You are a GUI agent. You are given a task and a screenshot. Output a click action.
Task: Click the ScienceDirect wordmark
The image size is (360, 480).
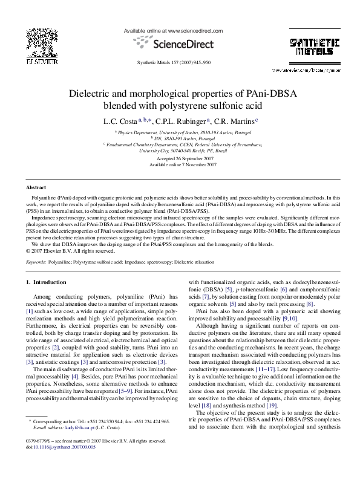tap(181, 44)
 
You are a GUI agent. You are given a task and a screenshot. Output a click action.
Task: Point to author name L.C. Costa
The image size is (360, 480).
tap(119, 120)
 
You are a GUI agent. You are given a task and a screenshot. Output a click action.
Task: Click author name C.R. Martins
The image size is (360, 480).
tap(235, 120)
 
